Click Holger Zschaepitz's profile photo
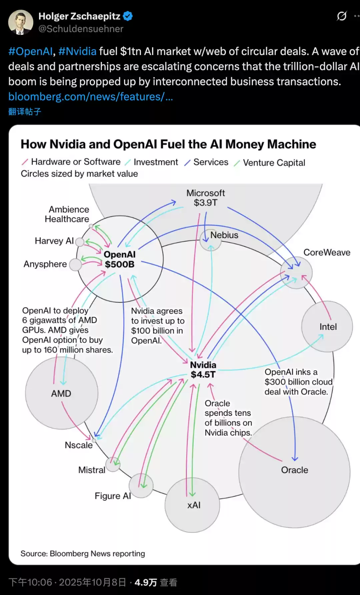click(21, 22)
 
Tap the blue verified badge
click(128, 16)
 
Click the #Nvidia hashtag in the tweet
click(77, 51)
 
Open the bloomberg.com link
click(90, 97)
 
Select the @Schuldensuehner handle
click(81, 29)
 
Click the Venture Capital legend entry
click(274, 163)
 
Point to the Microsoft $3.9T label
click(206, 198)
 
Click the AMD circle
click(61, 393)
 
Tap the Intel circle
click(327, 326)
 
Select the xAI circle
click(192, 505)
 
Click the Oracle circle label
click(295, 470)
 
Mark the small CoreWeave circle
click(296, 273)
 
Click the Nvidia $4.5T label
click(203, 370)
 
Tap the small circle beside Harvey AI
click(80, 242)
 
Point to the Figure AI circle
click(141, 486)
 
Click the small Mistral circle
click(113, 464)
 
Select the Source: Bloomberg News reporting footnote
click(83, 553)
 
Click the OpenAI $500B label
click(120, 260)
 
